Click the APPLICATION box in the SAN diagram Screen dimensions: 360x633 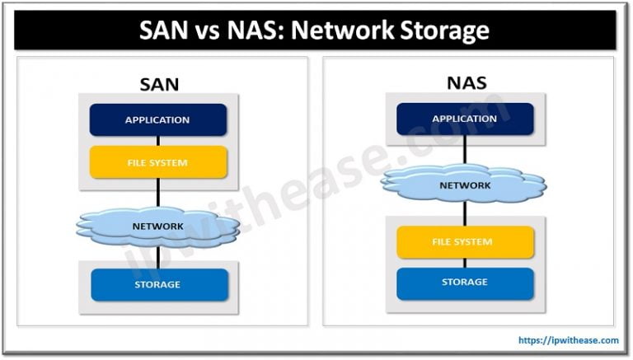tap(157, 120)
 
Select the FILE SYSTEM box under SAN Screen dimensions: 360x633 tap(157, 162)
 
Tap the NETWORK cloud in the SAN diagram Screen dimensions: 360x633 tap(157, 225)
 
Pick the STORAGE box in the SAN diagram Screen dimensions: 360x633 tap(157, 285)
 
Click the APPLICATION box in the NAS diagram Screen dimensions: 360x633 tap(466, 119)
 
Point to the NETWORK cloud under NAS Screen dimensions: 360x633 tap(466, 185)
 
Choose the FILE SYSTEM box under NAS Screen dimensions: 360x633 tap(466, 242)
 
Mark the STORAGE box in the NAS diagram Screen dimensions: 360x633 tap(466, 283)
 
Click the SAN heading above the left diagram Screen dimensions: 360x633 tap(157, 82)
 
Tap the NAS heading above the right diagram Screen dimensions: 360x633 tap(466, 82)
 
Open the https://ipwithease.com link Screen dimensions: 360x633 tap(568, 339)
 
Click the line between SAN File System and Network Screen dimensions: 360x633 tap(157, 193)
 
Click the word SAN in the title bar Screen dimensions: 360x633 tap(165, 31)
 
